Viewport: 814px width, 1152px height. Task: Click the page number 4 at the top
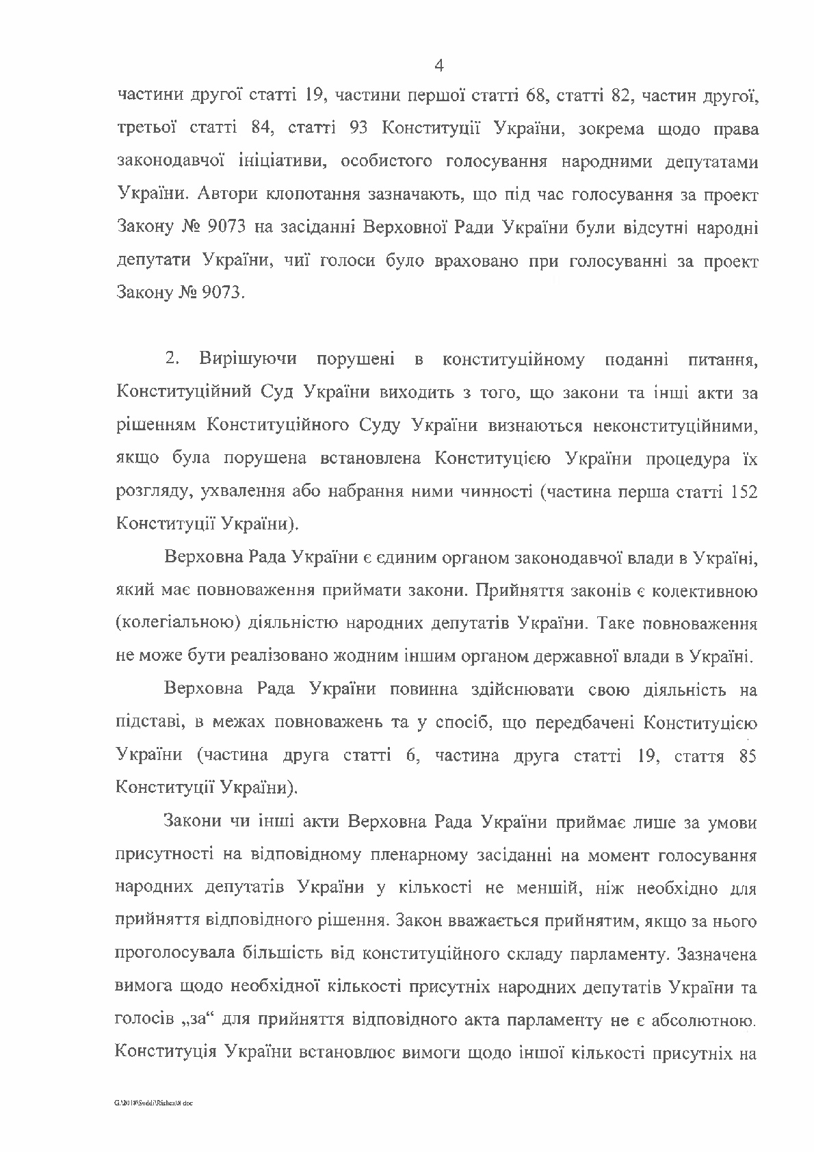(x=439, y=66)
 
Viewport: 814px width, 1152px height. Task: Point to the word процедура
(x=687, y=458)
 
